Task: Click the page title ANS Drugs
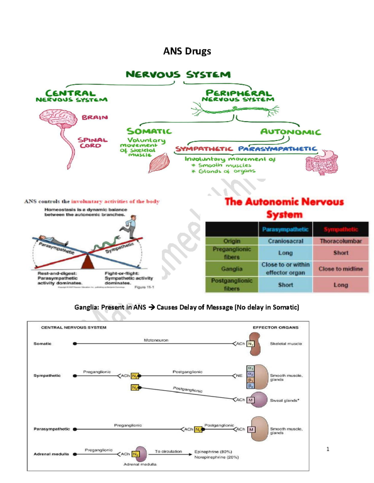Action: (x=187, y=51)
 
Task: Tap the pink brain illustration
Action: (x=58, y=118)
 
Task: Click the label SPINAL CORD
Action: (x=92, y=143)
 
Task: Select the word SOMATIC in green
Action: (x=149, y=132)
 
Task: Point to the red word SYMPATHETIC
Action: (x=204, y=149)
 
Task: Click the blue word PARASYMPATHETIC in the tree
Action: (x=277, y=149)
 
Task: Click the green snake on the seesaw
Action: (x=106, y=244)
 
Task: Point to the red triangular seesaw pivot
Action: (x=88, y=261)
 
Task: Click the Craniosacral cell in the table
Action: (x=285, y=241)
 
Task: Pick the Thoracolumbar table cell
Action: (x=341, y=241)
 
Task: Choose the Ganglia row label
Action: (x=232, y=269)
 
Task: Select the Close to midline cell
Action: (x=341, y=269)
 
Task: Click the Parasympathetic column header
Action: (x=285, y=230)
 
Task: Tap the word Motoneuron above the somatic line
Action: (x=156, y=340)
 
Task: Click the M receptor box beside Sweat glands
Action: (x=251, y=400)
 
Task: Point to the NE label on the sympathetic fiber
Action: (x=239, y=376)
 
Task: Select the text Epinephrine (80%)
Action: (x=213, y=452)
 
